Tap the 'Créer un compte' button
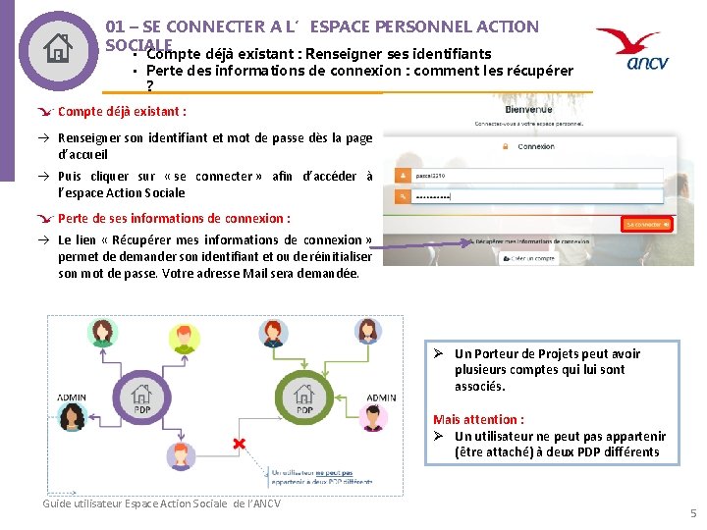(x=530, y=258)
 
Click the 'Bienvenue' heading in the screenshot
(x=528, y=110)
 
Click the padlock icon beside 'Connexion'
(x=507, y=146)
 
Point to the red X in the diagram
(x=239, y=445)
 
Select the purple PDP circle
(x=142, y=397)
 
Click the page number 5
(x=692, y=513)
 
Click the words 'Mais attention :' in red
(x=478, y=419)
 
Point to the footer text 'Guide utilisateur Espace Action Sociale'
(x=161, y=503)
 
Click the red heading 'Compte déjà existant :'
(x=122, y=112)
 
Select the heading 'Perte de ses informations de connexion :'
(x=174, y=219)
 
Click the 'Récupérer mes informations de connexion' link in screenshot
(x=530, y=240)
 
